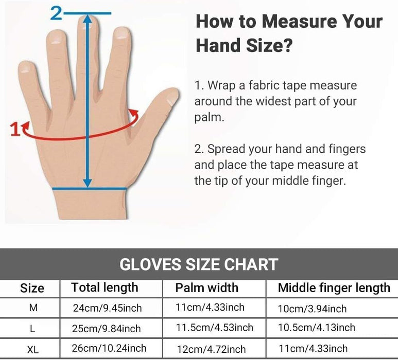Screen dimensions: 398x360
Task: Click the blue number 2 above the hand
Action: [56, 13]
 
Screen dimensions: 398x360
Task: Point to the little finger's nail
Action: [25, 67]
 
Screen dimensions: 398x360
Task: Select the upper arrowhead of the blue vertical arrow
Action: [88, 19]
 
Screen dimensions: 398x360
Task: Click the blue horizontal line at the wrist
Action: [90, 188]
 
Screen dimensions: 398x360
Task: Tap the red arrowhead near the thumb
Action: [134, 113]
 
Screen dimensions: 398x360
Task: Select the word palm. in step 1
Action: [210, 117]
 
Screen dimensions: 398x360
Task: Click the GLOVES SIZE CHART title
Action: [199, 264]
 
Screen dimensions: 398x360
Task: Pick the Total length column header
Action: [105, 288]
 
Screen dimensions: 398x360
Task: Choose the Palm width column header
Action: [207, 288]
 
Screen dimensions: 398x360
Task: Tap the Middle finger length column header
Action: [334, 288]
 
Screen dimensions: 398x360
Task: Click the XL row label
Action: [33, 350]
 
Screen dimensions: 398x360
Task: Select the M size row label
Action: [33, 308]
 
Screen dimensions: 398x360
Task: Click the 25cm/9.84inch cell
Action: [107, 329]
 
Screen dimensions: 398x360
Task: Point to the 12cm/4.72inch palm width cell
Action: [211, 349]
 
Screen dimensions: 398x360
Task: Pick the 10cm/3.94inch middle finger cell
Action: [312, 309]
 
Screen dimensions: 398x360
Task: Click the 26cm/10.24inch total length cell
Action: [109, 348]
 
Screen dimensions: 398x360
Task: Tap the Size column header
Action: [32, 288]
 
